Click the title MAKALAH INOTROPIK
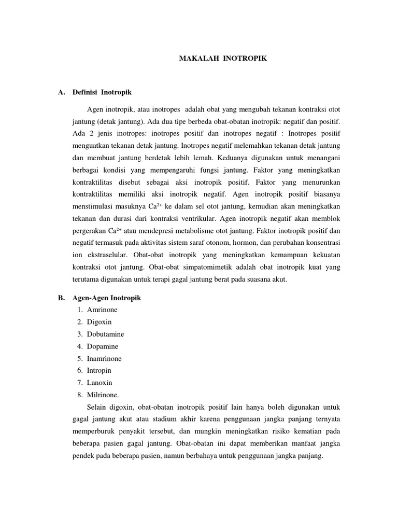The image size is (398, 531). click(x=223, y=59)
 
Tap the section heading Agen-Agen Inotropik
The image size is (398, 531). click(x=113, y=298)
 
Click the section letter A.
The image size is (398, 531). click(x=61, y=92)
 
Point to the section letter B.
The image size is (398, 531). click(x=61, y=298)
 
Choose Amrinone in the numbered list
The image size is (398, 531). click(x=102, y=310)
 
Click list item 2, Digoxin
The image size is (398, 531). click(x=99, y=322)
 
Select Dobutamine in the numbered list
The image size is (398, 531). click(x=105, y=334)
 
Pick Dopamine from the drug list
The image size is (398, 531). click(x=103, y=346)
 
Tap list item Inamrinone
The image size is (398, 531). click(x=105, y=358)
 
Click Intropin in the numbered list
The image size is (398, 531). click(x=99, y=370)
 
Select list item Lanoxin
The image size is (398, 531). click(x=99, y=382)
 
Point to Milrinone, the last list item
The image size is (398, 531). click(x=103, y=395)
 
